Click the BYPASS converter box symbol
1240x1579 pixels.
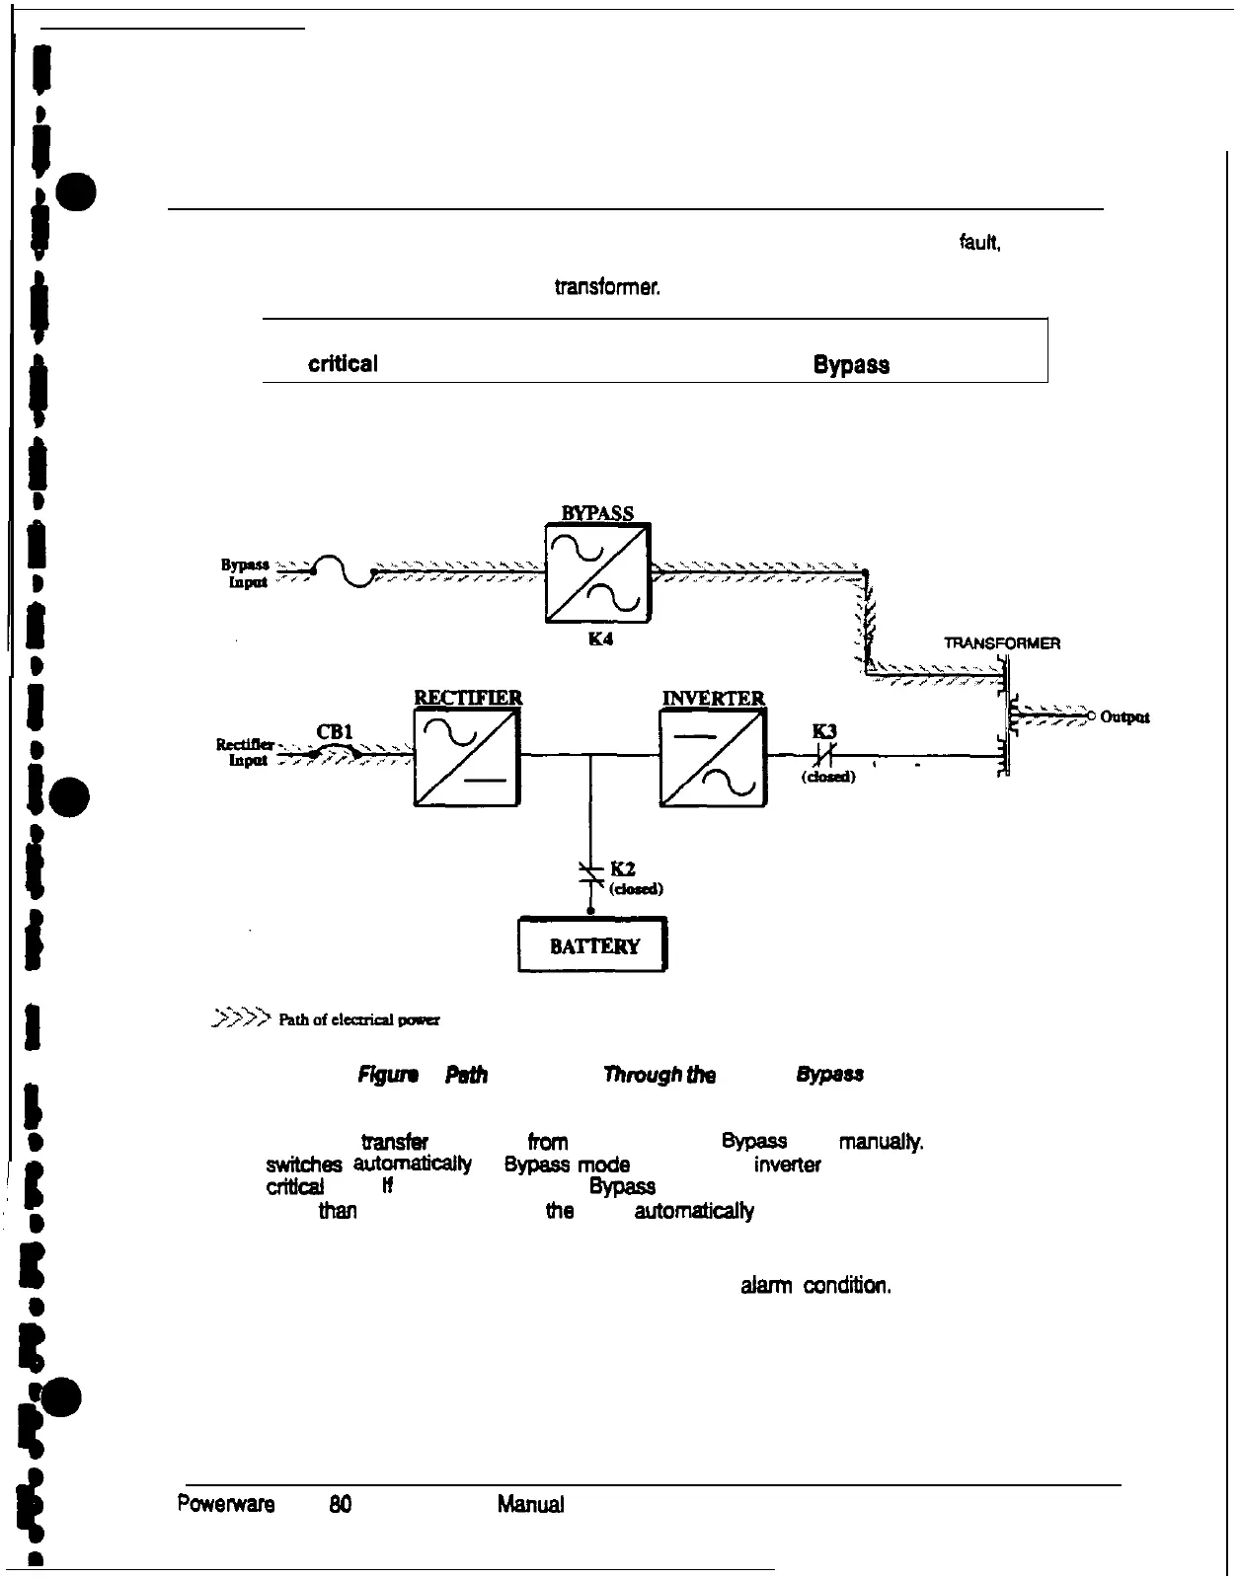(x=597, y=572)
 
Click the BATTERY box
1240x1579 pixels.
(x=593, y=945)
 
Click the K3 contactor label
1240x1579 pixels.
(x=824, y=731)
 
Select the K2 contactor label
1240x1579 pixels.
(x=623, y=868)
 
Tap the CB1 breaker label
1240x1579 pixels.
(x=334, y=731)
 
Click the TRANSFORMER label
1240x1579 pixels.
(x=1002, y=643)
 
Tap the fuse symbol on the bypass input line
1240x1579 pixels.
(x=341, y=571)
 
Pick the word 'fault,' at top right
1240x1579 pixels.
(x=980, y=242)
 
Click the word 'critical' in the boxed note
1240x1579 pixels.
(x=343, y=364)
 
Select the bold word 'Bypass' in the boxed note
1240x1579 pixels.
(x=851, y=365)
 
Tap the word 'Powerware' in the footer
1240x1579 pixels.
(x=225, y=1505)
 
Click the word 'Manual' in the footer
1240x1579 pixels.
(x=531, y=1505)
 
